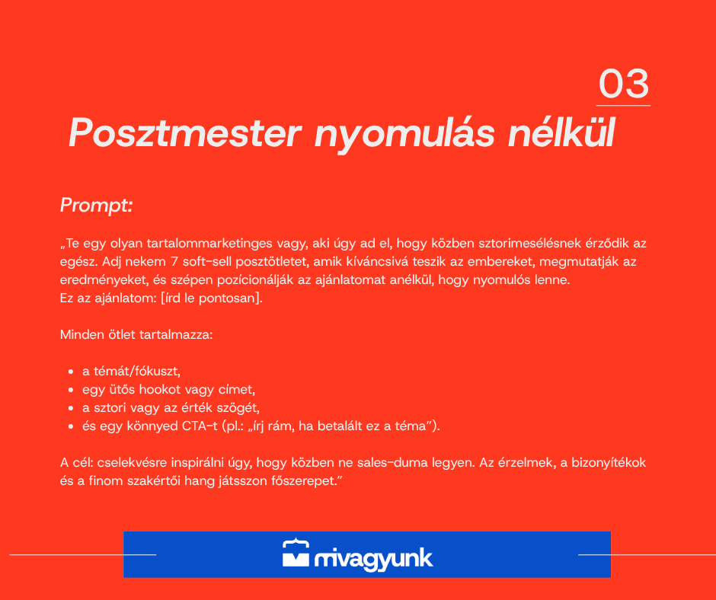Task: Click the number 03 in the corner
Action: click(x=623, y=83)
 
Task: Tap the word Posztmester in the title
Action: click(x=185, y=132)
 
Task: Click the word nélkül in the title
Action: click(x=561, y=132)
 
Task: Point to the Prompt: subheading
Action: click(x=96, y=205)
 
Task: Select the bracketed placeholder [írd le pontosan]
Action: click(x=212, y=298)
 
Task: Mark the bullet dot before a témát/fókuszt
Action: click(x=71, y=372)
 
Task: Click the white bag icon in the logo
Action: click(x=296, y=553)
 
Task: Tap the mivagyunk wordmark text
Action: click(x=373, y=559)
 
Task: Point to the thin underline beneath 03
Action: click(x=623, y=106)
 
